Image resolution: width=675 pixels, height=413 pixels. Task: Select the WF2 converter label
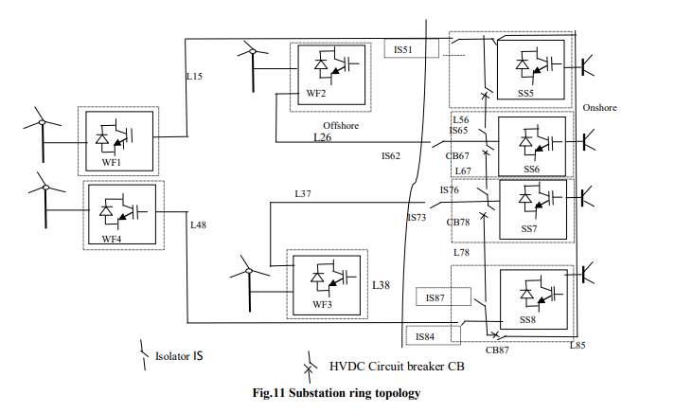(x=316, y=94)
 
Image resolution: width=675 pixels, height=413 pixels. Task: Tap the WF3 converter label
(x=323, y=304)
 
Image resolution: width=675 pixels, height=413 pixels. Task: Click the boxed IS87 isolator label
(x=435, y=297)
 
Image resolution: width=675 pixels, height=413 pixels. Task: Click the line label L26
(x=323, y=138)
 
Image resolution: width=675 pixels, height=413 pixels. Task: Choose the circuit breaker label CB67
(x=458, y=155)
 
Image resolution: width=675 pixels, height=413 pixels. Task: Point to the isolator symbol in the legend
(x=145, y=352)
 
